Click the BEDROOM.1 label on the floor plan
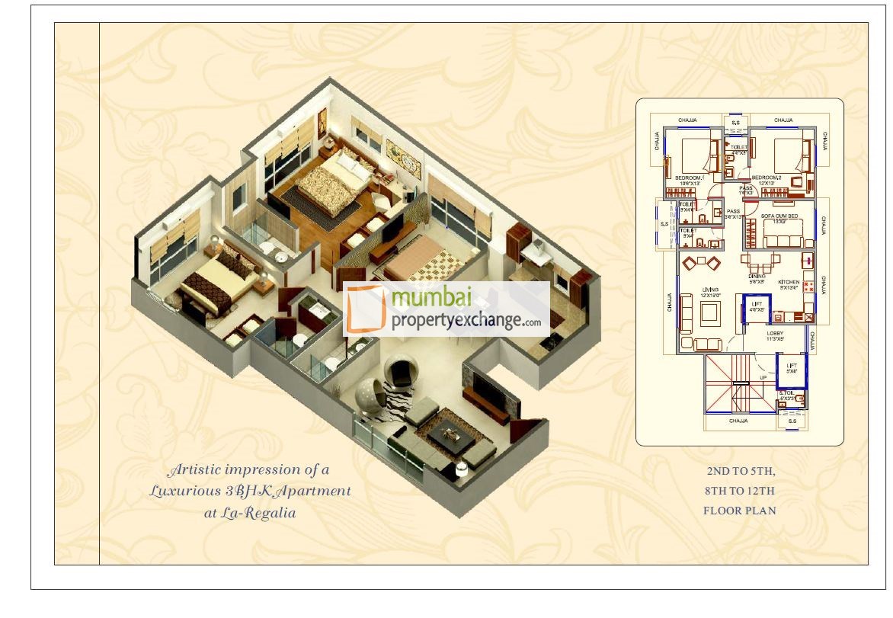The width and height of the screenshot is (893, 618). (688, 178)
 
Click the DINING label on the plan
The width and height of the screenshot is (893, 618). (757, 279)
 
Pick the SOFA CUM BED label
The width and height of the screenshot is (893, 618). (779, 217)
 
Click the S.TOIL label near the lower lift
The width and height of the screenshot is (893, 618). (787, 395)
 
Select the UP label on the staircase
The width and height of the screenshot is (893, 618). (763, 377)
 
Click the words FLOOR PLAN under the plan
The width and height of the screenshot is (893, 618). (739, 511)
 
